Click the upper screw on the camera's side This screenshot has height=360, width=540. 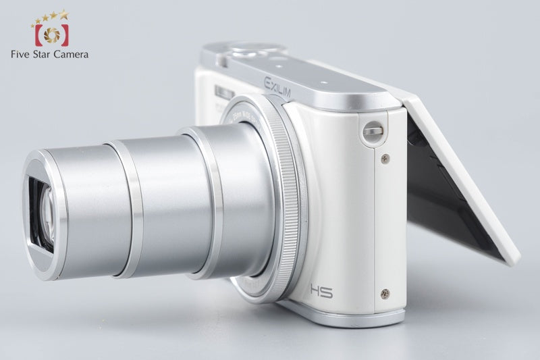pyautogui.click(x=385, y=159)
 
